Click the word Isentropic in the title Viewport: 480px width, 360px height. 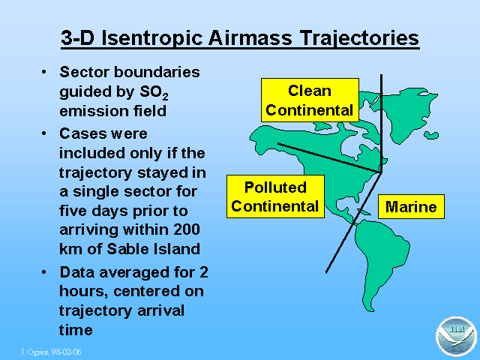[151, 38]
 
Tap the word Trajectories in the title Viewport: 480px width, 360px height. [359, 39]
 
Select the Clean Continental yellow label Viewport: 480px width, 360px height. [310, 100]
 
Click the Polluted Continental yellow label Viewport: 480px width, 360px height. [275, 196]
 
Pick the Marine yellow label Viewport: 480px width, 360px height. [411, 207]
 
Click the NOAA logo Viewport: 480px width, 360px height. [456, 337]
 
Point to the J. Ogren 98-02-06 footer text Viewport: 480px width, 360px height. [51, 352]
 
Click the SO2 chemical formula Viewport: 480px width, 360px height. [154, 92]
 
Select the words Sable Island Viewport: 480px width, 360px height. [153, 249]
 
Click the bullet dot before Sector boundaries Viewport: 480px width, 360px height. [44, 73]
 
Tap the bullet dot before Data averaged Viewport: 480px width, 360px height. [44, 272]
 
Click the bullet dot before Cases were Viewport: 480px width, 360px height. [44, 133]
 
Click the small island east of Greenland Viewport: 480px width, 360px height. [431, 135]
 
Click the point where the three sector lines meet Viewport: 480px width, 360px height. [381, 173]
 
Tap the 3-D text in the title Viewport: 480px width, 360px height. [77, 38]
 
